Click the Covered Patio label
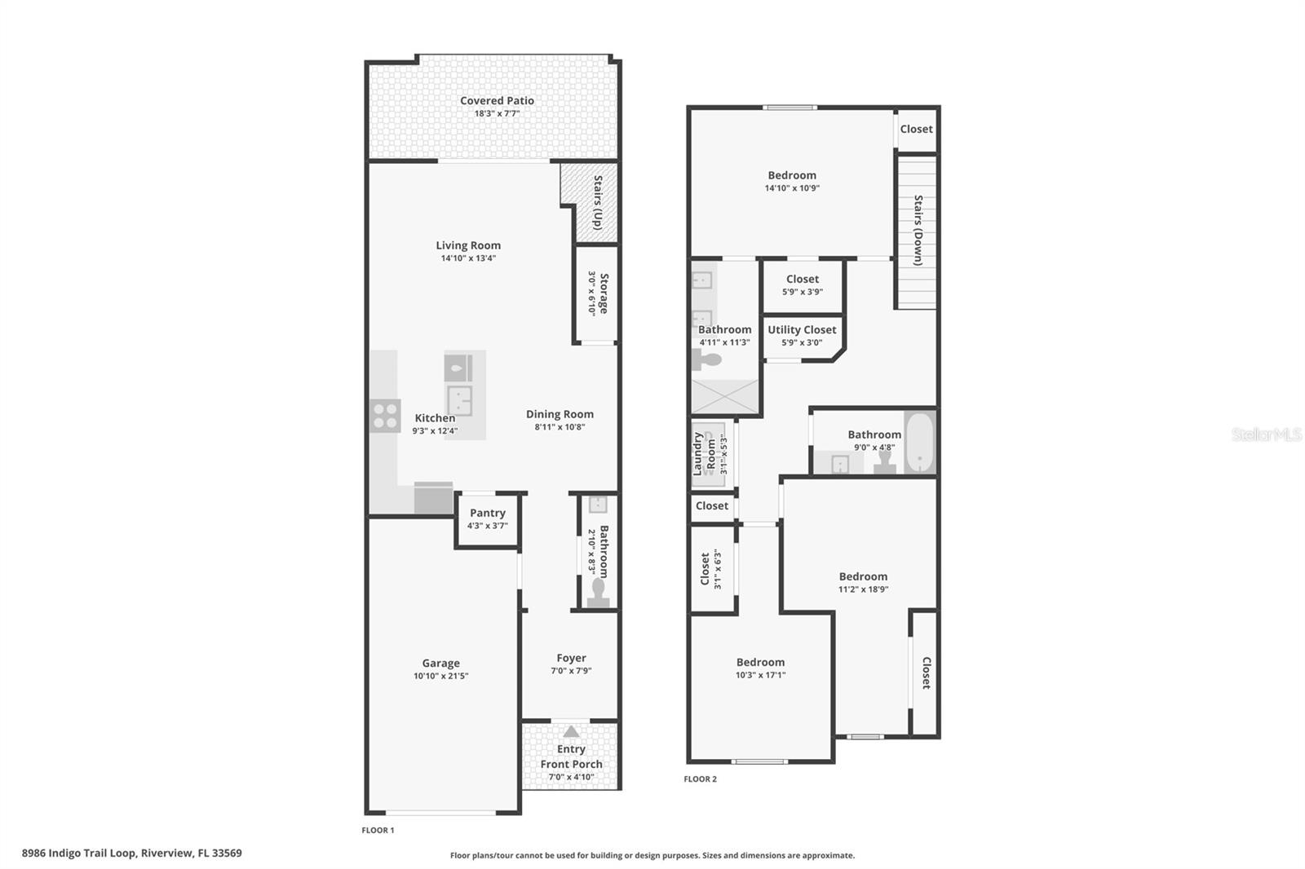point(497,101)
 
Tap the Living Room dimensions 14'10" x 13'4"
point(468,258)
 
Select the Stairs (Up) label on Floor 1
point(598,202)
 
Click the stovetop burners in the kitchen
point(385,416)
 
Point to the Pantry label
point(488,513)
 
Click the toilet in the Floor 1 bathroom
point(599,593)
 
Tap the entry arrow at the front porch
point(571,732)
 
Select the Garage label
point(440,664)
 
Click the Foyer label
point(571,658)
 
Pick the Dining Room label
point(560,414)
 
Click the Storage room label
point(604,293)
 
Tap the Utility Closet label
point(802,330)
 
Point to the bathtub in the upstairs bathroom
point(919,443)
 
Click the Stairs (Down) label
point(918,231)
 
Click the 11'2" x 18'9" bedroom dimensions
point(863,589)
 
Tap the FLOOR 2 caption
point(700,779)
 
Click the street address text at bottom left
point(131,854)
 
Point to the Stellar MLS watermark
point(1266,434)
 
